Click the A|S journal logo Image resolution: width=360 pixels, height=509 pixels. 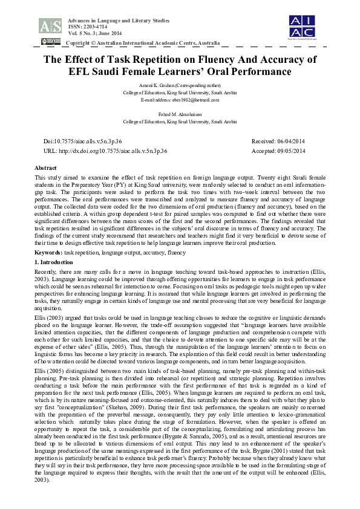point(50,25)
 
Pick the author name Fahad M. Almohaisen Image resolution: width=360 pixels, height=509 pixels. point(180,114)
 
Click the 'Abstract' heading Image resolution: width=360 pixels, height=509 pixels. point(45,167)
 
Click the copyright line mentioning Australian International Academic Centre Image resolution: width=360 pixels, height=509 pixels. point(144,44)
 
